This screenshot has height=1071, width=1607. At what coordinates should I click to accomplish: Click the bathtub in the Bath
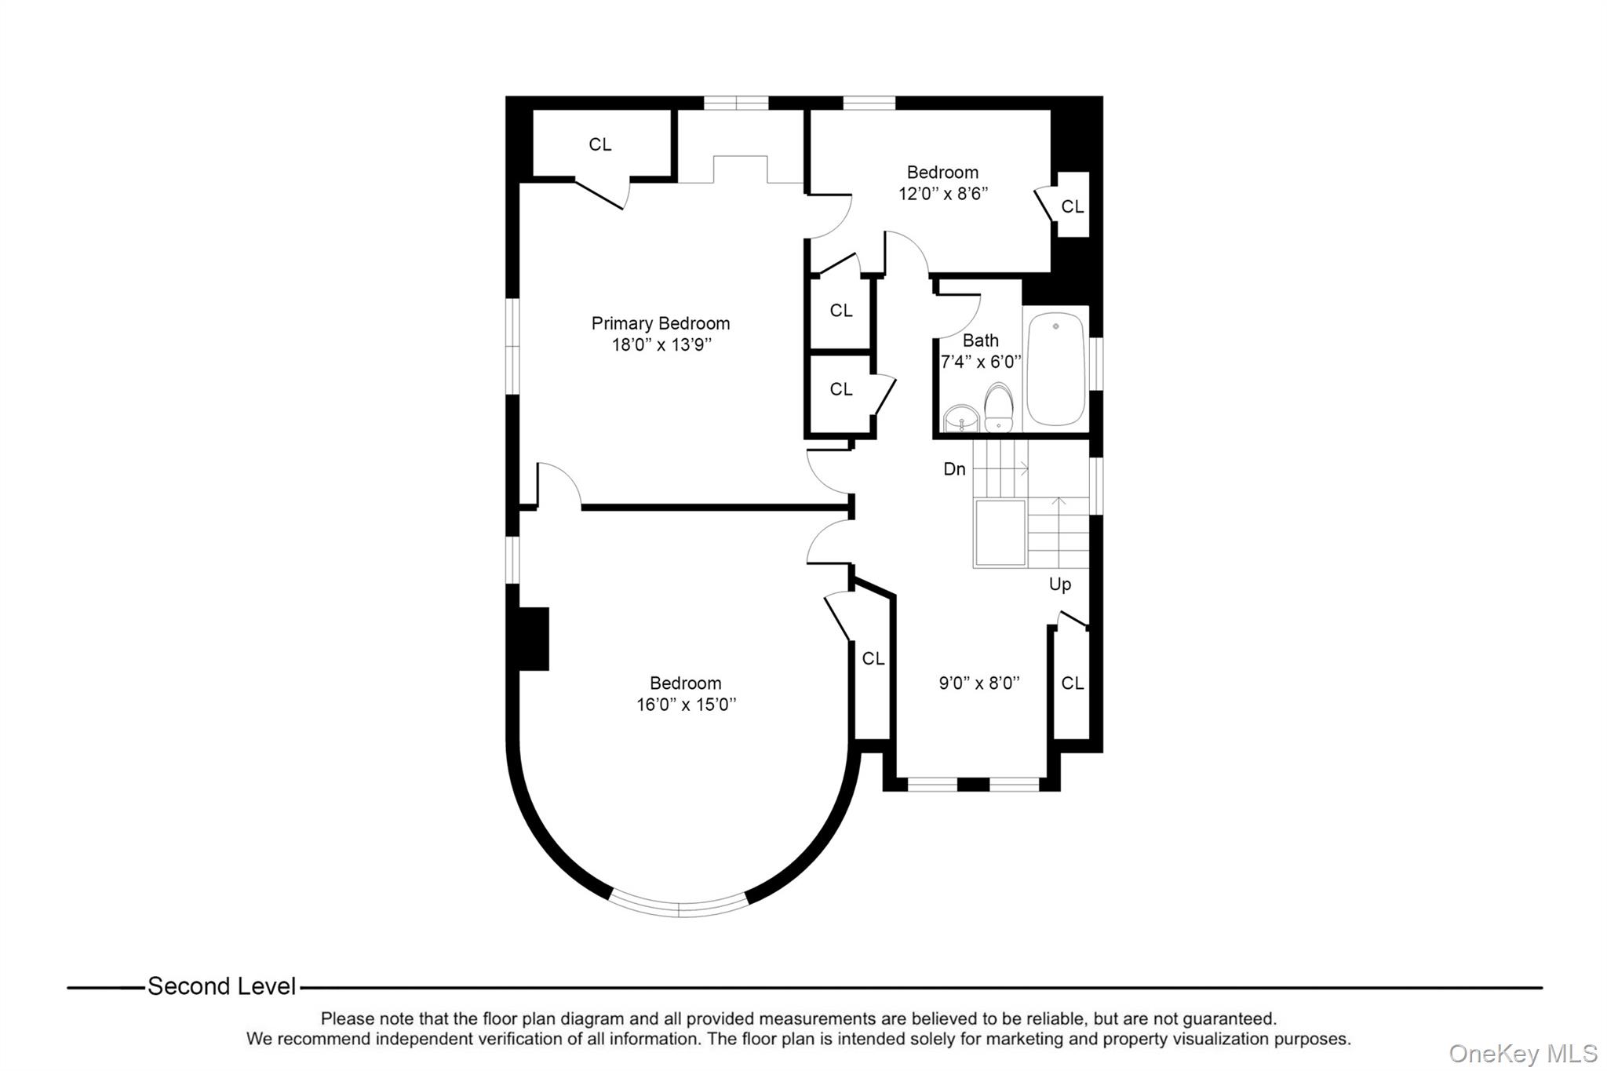point(1055,370)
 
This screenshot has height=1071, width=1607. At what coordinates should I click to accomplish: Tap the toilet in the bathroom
point(998,407)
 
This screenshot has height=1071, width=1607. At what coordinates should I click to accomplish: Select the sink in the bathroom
point(960,419)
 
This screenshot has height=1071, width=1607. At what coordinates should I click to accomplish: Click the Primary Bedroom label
point(660,323)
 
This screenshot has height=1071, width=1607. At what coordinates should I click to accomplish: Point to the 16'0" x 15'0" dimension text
point(686,705)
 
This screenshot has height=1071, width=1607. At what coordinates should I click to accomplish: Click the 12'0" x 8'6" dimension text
point(942,194)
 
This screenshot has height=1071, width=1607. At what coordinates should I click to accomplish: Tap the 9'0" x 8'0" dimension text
point(978,683)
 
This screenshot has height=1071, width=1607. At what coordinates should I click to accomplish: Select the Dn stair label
point(954,469)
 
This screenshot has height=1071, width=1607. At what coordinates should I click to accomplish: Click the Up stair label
point(1059,585)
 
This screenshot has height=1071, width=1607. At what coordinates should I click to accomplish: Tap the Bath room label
point(980,341)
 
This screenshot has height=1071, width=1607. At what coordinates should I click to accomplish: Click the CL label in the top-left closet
point(599,144)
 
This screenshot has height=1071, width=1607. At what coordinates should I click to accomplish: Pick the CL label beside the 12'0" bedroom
point(1072,206)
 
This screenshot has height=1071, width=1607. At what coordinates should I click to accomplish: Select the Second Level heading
point(222,986)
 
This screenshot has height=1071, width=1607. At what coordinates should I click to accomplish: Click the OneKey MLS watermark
point(1522,1053)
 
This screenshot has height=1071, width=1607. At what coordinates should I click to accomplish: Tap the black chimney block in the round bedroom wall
point(534,639)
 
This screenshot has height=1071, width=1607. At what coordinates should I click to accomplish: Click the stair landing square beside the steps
point(999,533)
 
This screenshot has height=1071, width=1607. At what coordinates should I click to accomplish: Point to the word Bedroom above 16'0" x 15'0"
point(685,683)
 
